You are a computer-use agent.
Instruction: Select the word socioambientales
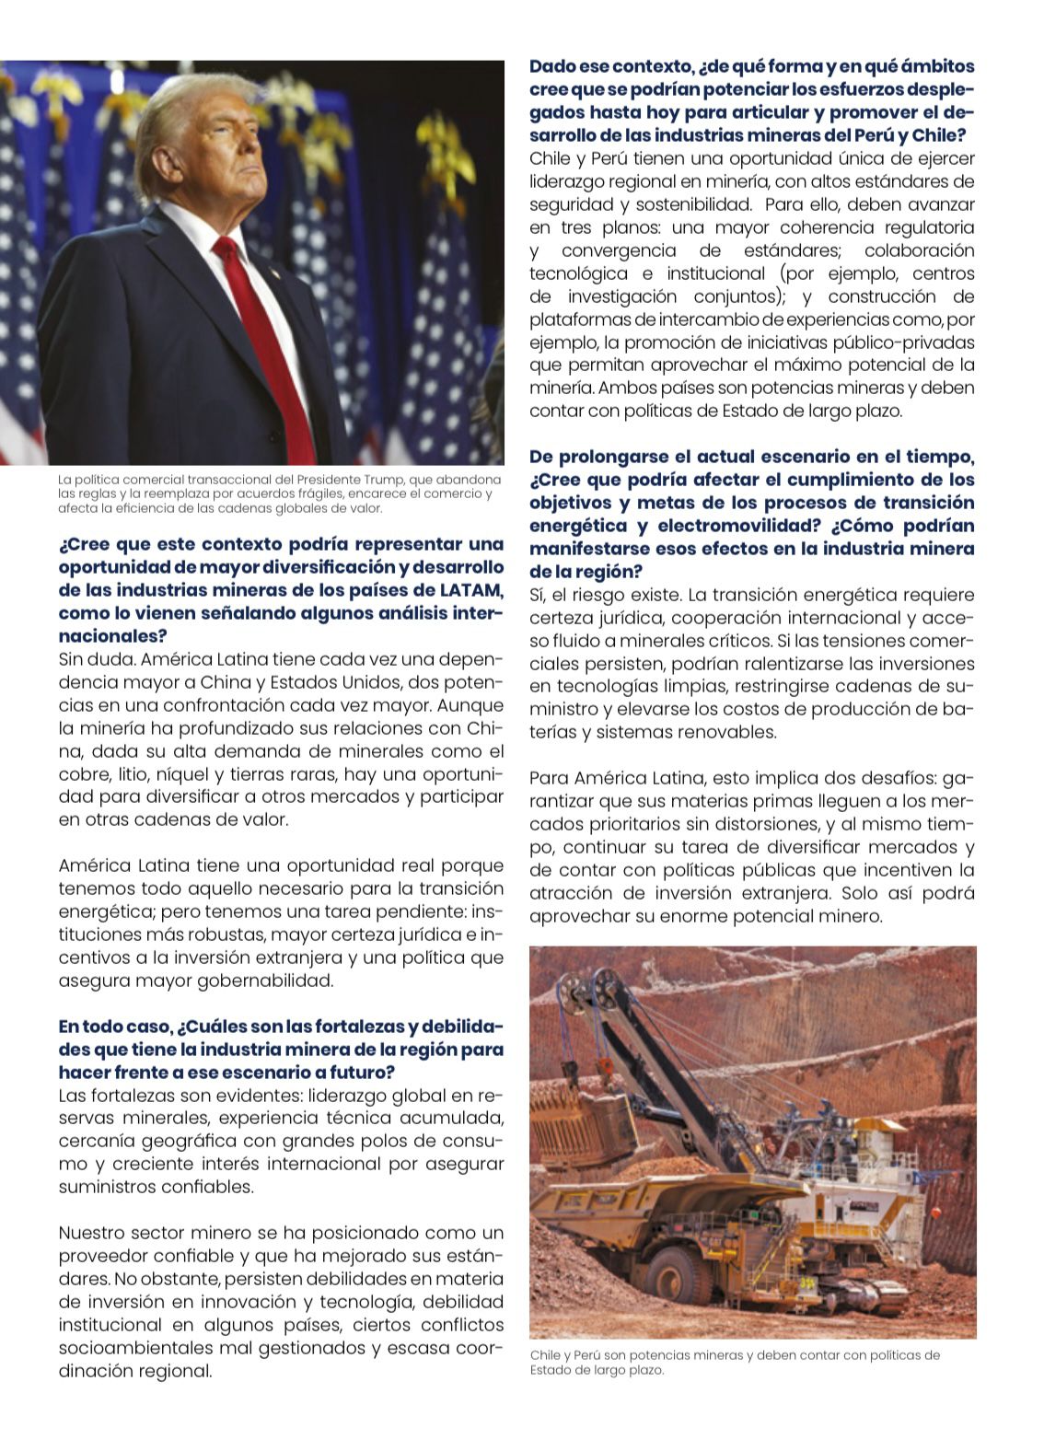[x=134, y=1348]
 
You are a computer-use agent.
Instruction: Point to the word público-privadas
[x=905, y=342]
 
